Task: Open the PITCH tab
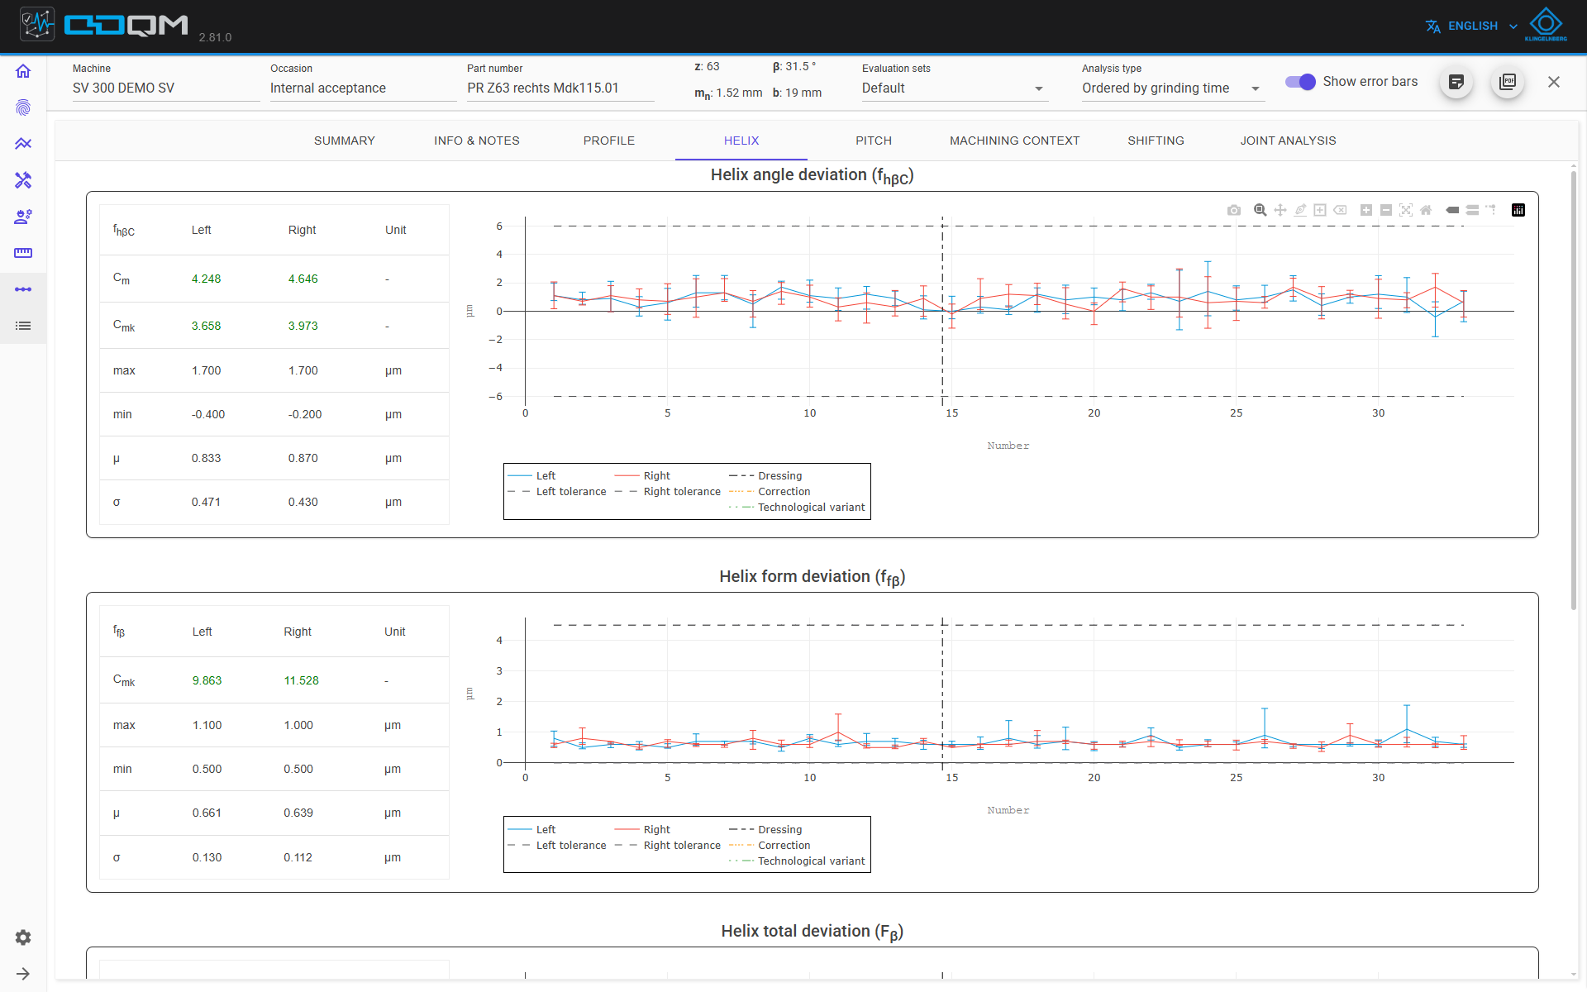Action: (874, 141)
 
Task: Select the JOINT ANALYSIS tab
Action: (1288, 141)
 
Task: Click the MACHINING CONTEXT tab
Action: (1014, 141)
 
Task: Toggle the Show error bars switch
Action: (1300, 82)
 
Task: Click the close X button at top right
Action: (1554, 82)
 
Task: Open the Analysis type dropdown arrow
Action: (1256, 88)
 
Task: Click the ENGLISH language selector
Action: (1472, 26)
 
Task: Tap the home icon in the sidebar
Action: (23, 71)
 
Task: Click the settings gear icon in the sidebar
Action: (23, 937)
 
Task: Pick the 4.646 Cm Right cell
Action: (303, 279)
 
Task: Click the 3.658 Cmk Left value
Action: (206, 326)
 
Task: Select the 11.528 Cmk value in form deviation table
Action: (301, 680)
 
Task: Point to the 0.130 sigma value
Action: (207, 857)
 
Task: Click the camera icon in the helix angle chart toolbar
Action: (1234, 210)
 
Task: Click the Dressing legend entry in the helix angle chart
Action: (779, 475)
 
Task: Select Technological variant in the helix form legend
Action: (811, 861)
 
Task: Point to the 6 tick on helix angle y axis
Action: (499, 226)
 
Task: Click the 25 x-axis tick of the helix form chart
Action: (1236, 777)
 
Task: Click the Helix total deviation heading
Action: (812, 932)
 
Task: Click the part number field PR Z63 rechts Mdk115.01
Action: (542, 88)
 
